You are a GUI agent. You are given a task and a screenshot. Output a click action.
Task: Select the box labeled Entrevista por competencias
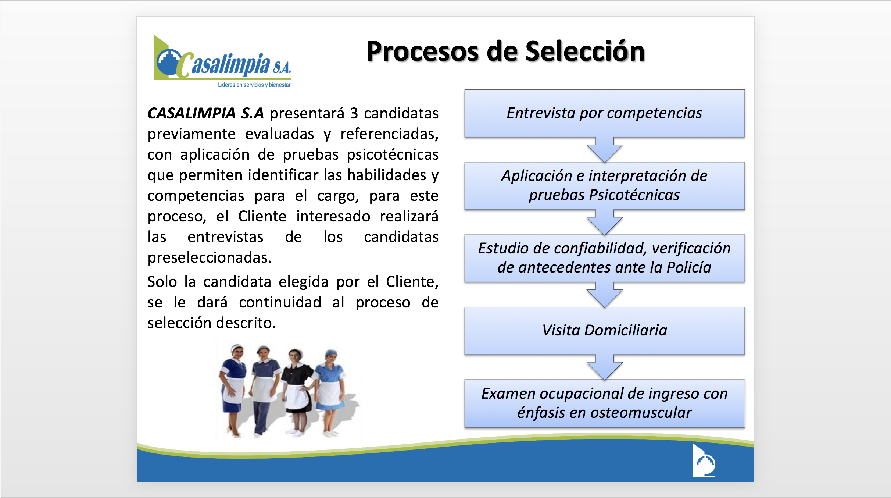[604, 113]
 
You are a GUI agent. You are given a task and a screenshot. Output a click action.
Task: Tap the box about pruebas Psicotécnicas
[604, 186]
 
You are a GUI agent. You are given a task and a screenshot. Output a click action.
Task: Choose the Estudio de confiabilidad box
[604, 258]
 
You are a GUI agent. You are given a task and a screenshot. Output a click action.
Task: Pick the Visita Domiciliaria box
[604, 330]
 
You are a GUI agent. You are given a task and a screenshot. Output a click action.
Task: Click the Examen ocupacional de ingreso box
[604, 403]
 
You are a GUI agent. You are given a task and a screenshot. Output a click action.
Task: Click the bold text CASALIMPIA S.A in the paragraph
[205, 113]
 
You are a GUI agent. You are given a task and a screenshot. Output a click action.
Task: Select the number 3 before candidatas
[354, 113]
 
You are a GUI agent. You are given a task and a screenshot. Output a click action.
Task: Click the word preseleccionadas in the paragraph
[209, 257]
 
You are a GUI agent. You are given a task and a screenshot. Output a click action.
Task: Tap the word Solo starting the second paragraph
[162, 282]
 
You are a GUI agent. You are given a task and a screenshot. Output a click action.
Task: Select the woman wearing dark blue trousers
[263, 390]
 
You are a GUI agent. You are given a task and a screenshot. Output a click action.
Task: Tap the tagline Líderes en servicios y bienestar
[254, 85]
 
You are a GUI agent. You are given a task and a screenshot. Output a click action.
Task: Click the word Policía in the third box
[688, 267]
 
